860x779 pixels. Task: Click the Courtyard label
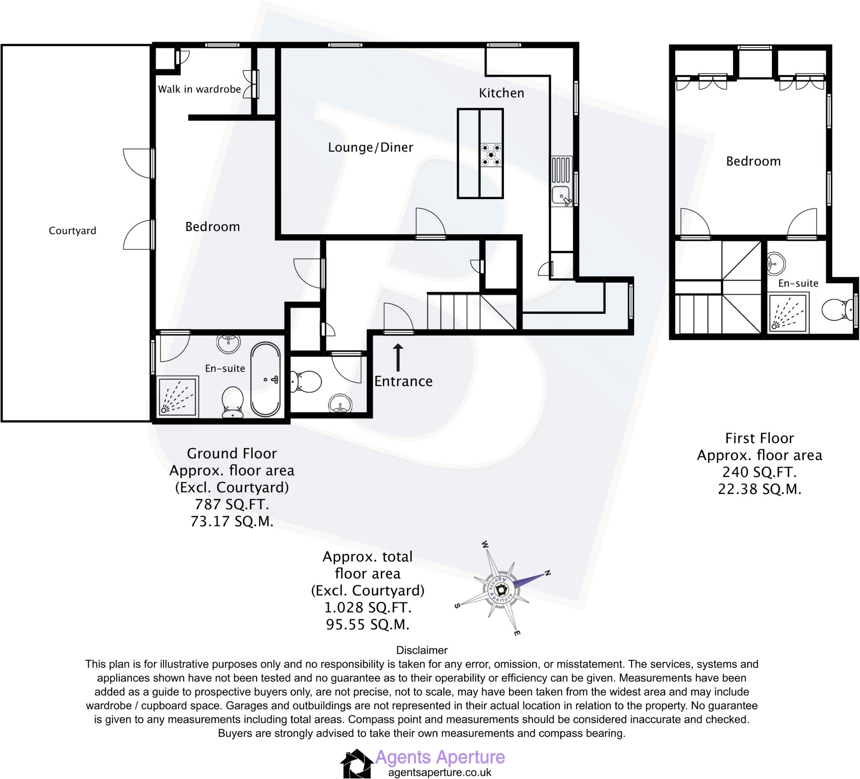73,231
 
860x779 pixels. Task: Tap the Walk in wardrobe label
199,89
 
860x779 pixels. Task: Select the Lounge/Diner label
370,147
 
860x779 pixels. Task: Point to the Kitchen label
501,93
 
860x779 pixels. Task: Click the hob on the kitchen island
491,155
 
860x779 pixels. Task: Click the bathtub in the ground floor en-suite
265,379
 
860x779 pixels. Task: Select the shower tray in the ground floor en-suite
178,397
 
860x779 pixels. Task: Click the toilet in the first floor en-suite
836,310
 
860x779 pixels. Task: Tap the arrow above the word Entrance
398,357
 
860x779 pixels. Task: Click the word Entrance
403,381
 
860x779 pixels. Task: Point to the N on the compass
548,573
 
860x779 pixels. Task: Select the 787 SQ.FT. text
232,505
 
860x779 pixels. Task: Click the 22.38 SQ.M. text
759,489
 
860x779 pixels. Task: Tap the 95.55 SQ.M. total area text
367,624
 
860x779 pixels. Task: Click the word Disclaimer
422,650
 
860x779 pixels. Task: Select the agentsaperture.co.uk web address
440,772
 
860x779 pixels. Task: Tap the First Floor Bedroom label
753,161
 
